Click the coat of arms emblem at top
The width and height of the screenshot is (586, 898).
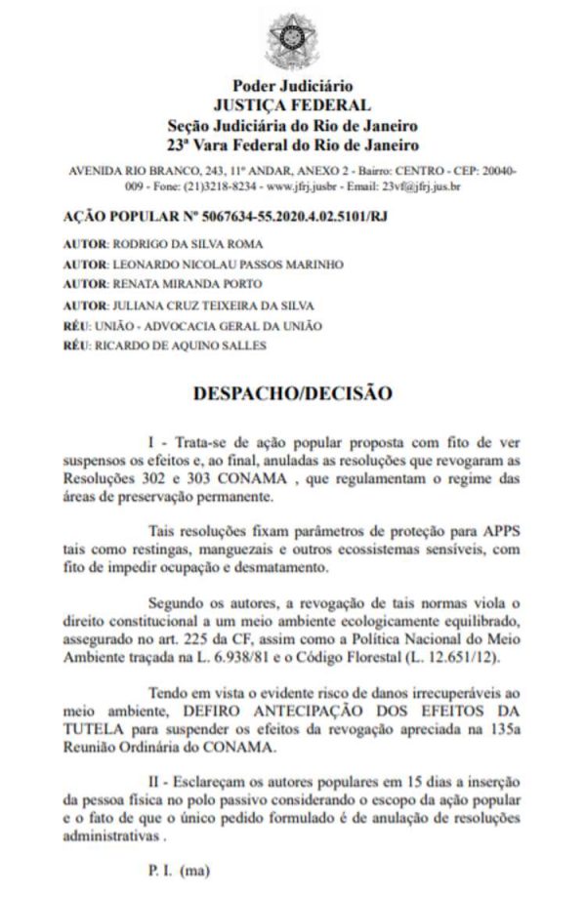(293, 40)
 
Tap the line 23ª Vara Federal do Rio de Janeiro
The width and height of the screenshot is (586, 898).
(293, 145)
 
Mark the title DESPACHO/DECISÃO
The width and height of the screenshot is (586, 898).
(293, 393)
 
